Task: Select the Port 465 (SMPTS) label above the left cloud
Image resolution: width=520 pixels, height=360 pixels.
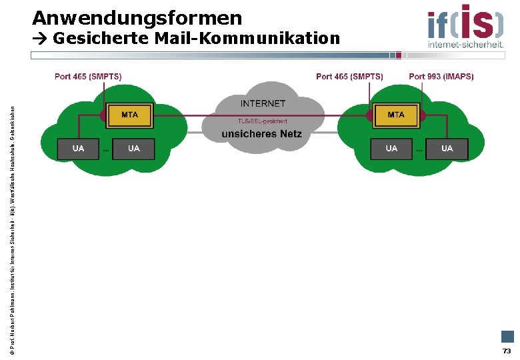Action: pyautogui.click(x=88, y=77)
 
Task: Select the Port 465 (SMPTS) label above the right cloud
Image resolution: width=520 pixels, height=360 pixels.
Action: pyautogui.click(x=349, y=77)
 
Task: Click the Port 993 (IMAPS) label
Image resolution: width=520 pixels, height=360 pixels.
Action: pyautogui.click(x=441, y=77)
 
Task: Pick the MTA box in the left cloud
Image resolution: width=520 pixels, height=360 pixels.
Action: pyautogui.click(x=129, y=115)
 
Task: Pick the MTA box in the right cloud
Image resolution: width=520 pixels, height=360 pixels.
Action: pyautogui.click(x=396, y=115)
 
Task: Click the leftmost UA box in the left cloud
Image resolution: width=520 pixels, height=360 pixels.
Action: pyautogui.click(x=78, y=149)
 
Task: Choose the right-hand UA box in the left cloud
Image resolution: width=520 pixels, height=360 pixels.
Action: pyautogui.click(x=133, y=149)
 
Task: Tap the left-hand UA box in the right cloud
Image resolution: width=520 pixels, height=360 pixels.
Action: pyautogui.click(x=391, y=149)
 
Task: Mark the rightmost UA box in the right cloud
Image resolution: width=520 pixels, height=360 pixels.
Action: pyautogui.click(x=447, y=149)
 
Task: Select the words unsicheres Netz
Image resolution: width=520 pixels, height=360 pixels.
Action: pyautogui.click(x=262, y=134)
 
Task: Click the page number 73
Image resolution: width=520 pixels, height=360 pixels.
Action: pyautogui.click(x=507, y=351)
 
